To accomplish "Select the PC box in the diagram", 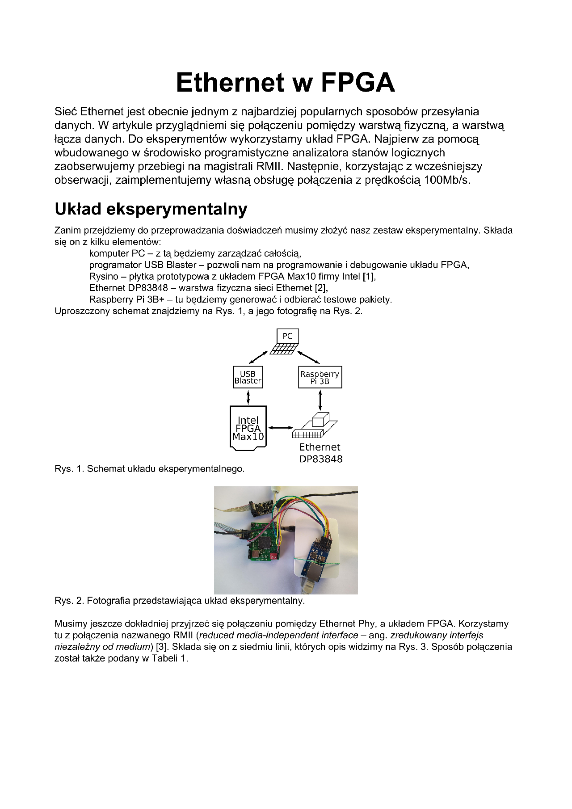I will pyautogui.click(x=287, y=336).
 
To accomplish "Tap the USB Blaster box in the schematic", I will pyautogui.click(x=248, y=377).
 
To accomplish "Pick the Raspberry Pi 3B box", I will pyautogui.click(x=320, y=377).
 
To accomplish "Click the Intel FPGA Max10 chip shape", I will pyautogui.click(x=248, y=427).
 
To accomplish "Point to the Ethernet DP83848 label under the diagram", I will pyautogui.click(x=320, y=453).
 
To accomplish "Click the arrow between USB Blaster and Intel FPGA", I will pyautogui.click(x=248, y=396).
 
